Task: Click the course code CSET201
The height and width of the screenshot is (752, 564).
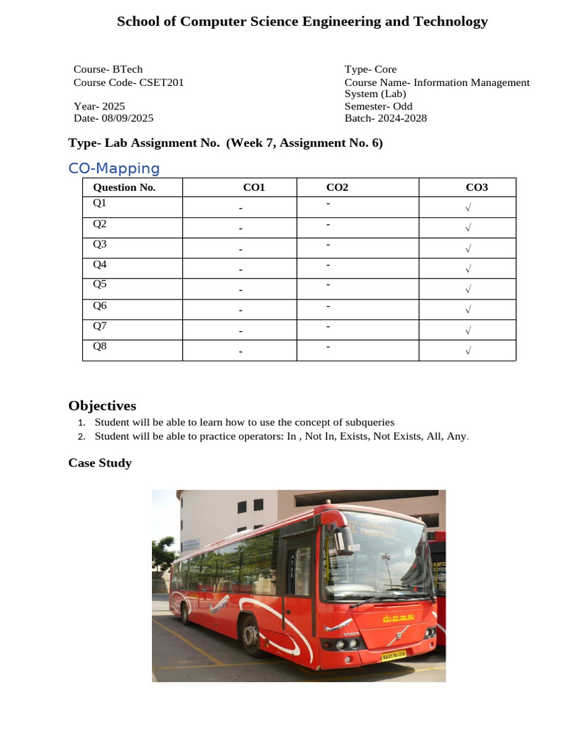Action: pyautogui.click(x=161, y=82)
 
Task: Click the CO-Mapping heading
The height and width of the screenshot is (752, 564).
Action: pyautogui.click(x=113, y=168)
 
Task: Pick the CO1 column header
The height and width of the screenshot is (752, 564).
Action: pyautogui.click(x=253, y=187)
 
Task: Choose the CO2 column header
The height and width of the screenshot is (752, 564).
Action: pyautogui.click(x=337, y=187)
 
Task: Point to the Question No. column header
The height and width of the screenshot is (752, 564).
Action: pyautogui.click(x=124, y=187)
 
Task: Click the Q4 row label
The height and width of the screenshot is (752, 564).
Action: pyautogui.click(x=100, y=264)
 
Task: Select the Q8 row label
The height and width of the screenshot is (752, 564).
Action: pyautogui.click(x=100, y=346)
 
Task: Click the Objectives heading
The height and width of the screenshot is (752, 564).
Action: pyautogui.click(x=102, y=405)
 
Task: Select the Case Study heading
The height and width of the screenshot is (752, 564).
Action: pyautogui.click(x=100, y=463)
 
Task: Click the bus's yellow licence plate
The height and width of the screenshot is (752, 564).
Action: pyautogui.click(x=394, y=655)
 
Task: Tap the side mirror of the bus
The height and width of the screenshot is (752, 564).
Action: pyautogui.click(x=342, y=541)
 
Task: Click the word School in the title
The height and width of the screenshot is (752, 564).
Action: pyautogui.click(x=137, y=21)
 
